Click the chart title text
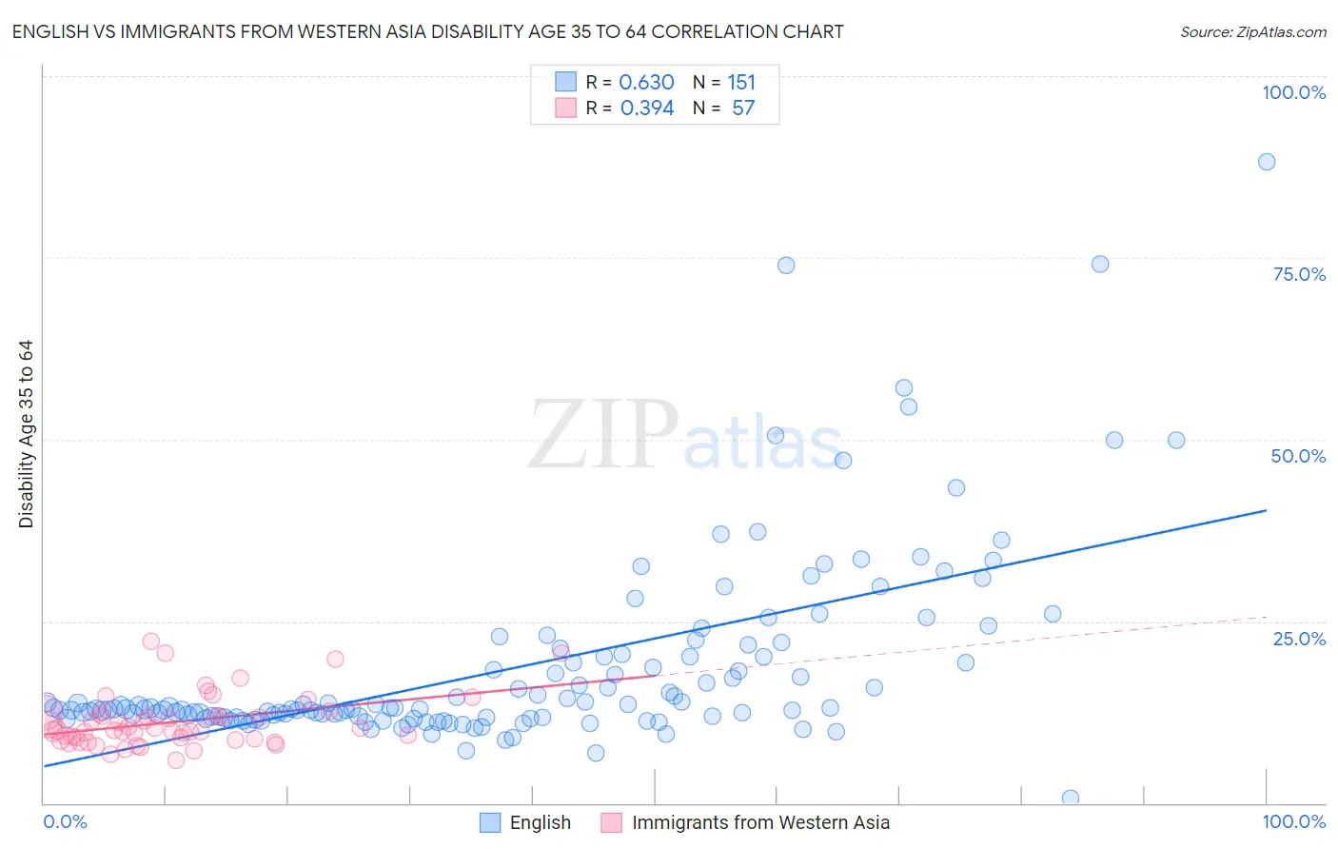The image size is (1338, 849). [427, 32]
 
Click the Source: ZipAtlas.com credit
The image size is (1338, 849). [1252, 32]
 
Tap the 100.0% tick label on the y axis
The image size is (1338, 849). [1293, 92]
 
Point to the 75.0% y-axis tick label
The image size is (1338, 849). [1298, 274]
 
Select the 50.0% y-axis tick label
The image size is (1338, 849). [1298, 456]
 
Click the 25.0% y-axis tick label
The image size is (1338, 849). [1298, 639]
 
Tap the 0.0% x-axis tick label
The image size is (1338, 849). [65, 821]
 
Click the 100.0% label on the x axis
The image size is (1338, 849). [1293, 821]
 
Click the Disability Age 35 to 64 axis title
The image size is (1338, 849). [26, 434]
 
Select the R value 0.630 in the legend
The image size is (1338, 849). [646, 83]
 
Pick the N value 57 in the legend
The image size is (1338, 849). [742, 109]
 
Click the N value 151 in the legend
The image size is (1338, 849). [741, 83]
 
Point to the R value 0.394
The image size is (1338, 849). [646, 109]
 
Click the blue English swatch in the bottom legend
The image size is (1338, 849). [490, 822]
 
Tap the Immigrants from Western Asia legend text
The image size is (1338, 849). [760, 822]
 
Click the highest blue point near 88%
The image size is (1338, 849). [1267, 162]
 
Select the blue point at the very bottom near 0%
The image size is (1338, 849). [1071, 799]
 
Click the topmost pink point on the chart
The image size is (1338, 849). [150, 642]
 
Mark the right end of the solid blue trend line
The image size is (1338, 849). [1267, 510]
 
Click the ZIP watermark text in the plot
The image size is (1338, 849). [603, 436]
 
